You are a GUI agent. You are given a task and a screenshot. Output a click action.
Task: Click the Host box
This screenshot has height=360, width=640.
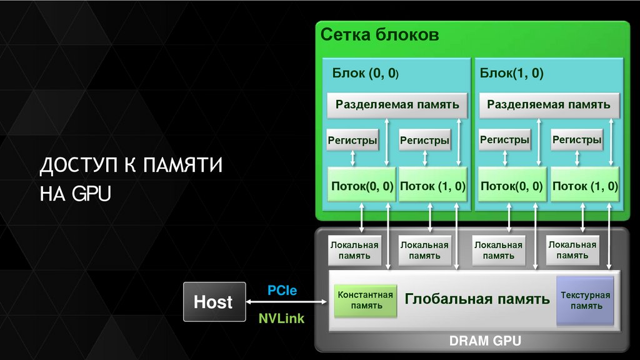click(212, 302)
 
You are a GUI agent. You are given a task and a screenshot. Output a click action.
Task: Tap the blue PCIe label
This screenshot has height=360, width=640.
click(282, 291)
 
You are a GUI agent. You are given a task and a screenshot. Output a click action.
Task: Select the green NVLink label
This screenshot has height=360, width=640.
click(282, 318)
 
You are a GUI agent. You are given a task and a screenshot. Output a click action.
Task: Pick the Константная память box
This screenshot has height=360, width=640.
click(366, 300)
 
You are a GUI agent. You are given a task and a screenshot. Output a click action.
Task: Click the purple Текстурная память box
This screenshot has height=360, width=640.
click(586, 301)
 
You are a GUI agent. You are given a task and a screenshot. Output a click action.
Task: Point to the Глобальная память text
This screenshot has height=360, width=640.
click(477, 299)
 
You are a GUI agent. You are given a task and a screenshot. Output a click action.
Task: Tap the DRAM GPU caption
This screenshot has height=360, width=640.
click(485, 341)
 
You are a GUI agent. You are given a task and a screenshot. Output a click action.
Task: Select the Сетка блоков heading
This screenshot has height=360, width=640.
click(380, 34)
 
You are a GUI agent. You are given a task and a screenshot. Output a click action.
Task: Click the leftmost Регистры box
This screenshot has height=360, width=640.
click(352, 141)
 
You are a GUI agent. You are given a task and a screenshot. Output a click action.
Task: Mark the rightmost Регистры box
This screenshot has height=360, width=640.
click(577, 141)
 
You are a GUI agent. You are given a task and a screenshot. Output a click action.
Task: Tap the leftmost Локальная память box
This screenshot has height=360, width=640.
click(354, 251)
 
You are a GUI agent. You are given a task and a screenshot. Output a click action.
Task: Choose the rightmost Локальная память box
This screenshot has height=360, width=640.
click(572, 251)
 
